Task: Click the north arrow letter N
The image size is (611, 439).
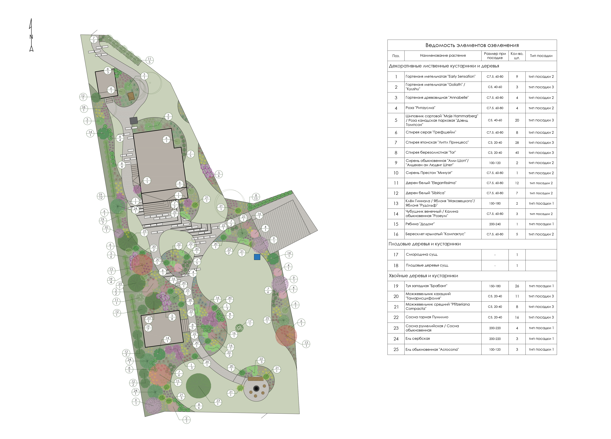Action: (x=31, y=37)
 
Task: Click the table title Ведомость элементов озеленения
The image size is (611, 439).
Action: (x=472, y=45)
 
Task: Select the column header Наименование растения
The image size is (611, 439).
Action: (x=443, y=56)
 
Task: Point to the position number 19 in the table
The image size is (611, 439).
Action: (x=396, y=286)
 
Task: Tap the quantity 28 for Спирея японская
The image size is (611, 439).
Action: (x=517, y=142)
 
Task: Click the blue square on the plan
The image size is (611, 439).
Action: (x=257, y=257)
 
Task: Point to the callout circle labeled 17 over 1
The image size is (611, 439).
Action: (x=250, y=323)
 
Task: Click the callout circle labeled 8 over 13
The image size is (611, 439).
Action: (x=256, y=197)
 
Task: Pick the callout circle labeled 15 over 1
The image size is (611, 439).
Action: (x=178, y=382)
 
